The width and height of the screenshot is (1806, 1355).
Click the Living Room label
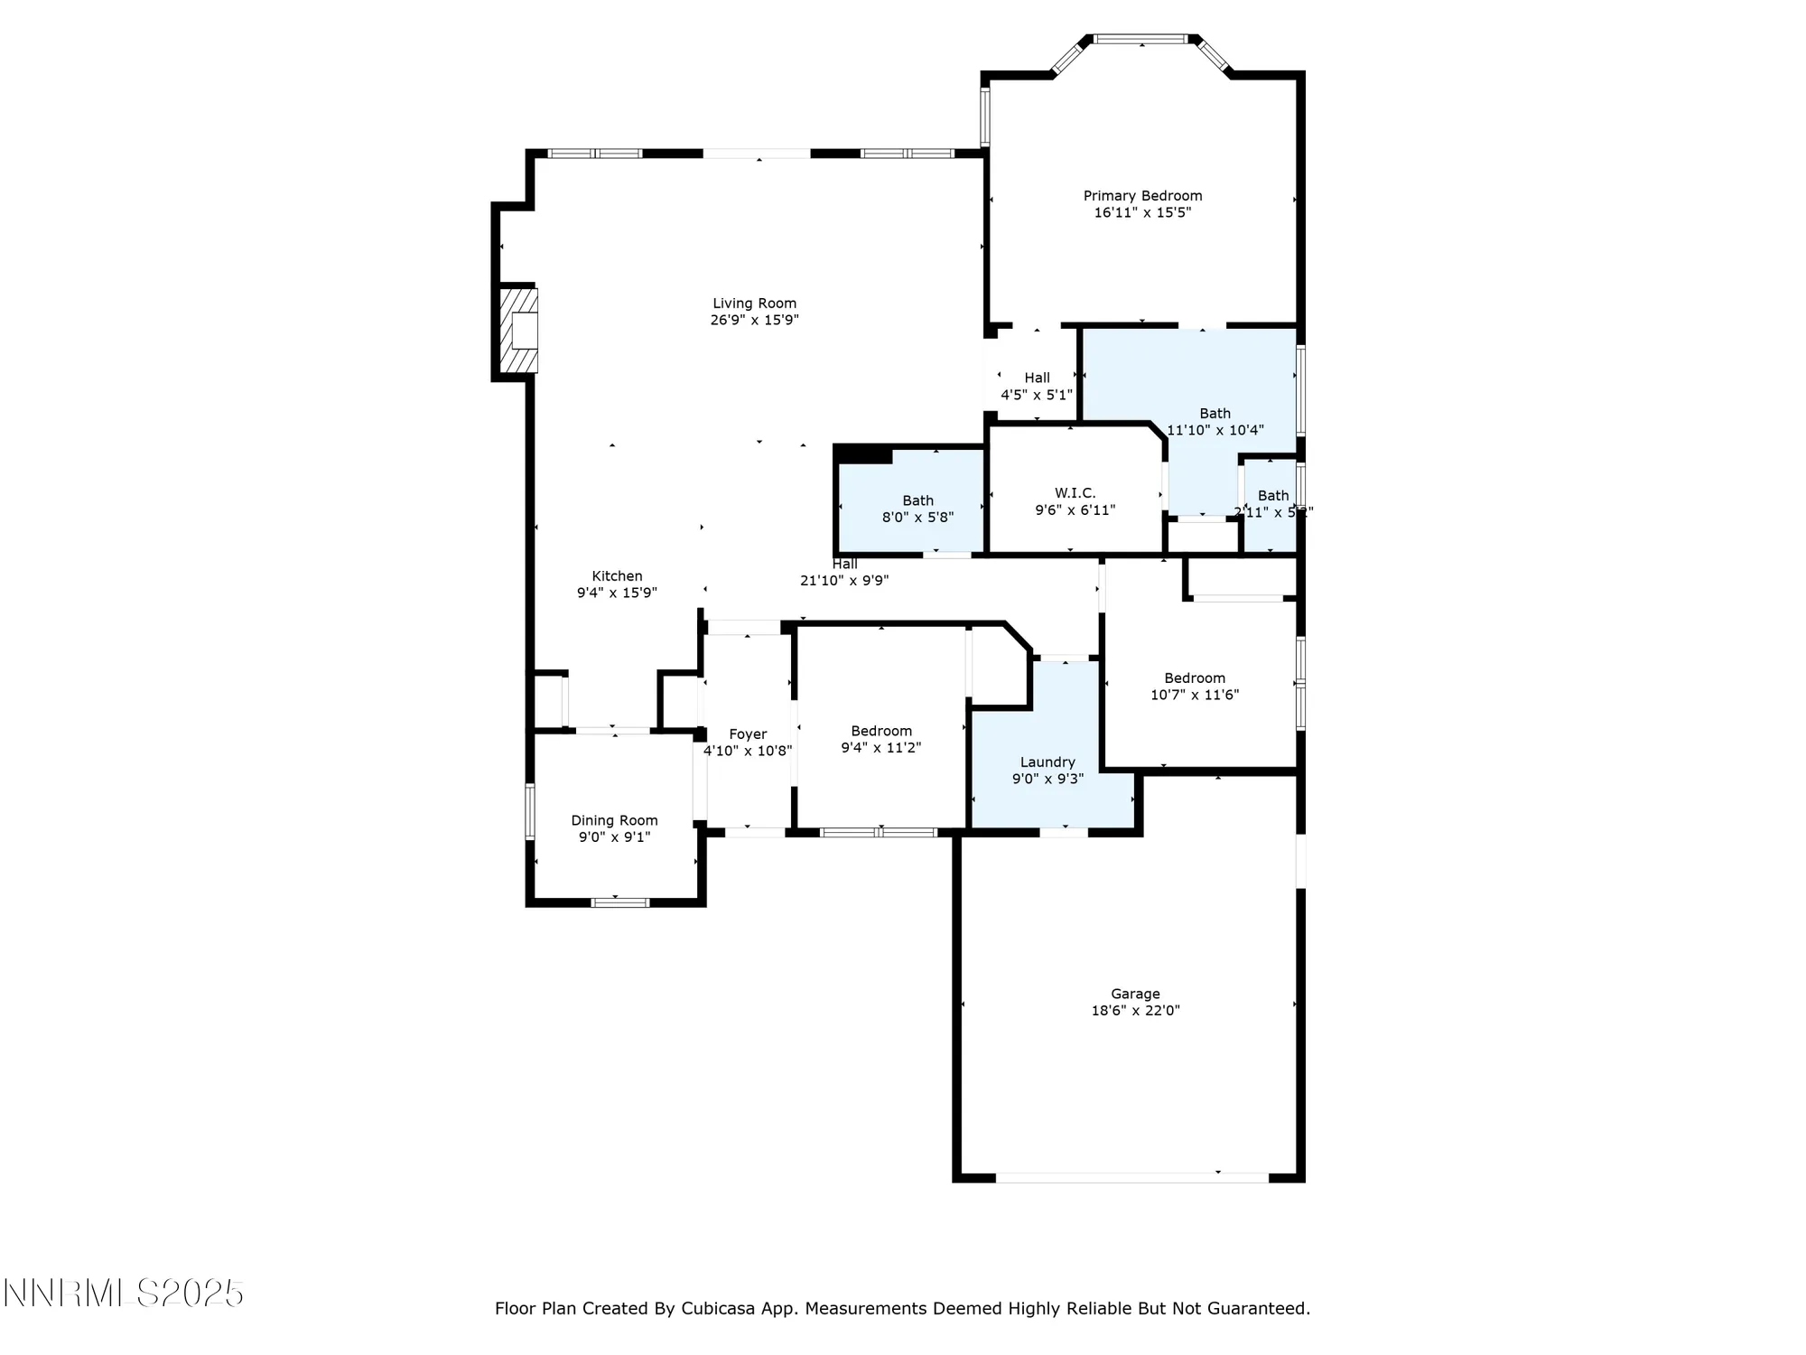coord(754,304)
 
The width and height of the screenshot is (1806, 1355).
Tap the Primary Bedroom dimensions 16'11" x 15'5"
coord(1142,213)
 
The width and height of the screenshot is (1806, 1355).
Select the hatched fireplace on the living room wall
coord(520,331)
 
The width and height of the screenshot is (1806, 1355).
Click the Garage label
coord(1135,994)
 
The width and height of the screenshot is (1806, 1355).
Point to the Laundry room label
coord(1047,762)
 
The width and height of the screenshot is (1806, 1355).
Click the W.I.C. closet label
coord(1075,493)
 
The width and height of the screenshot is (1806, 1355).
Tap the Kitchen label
coord(617,576)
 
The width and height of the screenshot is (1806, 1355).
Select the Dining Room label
coord(614,820)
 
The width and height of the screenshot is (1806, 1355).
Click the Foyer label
coord(748,734)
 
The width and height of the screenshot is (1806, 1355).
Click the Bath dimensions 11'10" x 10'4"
coord(1215,431)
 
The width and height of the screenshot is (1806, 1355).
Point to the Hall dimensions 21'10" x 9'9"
coord(844,581)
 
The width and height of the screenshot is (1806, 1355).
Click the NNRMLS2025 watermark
coord(124,1294)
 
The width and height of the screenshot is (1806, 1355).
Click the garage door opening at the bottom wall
coord(1131,1178)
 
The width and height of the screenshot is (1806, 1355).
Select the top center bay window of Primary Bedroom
coord(1141,39)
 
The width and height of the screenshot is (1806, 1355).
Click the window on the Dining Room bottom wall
coord(619,902)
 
